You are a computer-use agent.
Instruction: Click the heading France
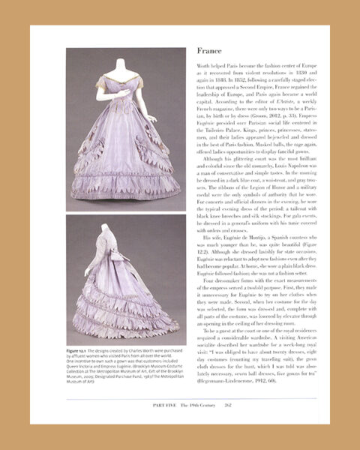(x=209, y=52)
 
